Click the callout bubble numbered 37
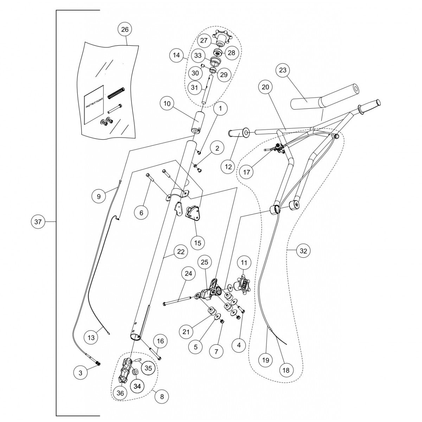(38, 222)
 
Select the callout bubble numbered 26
(125, 30)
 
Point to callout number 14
(176, 55)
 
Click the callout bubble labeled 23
(283, 70)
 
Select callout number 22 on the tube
(180, 252)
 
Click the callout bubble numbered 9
(99, 196)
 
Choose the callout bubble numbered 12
(229, 167)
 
